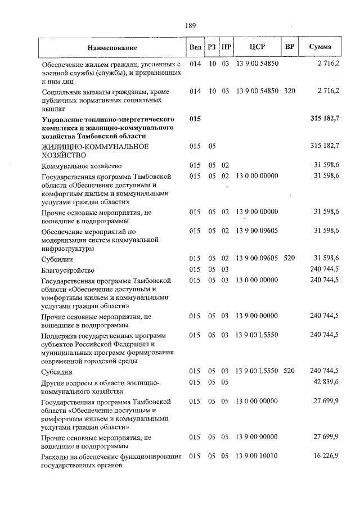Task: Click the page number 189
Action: point(190,24)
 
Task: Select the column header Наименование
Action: point(112,48)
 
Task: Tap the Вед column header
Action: point(195,47)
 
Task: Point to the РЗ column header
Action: point(212,47)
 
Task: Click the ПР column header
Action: point(226,47)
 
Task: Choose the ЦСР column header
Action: point(257,47)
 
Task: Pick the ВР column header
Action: point(289,47)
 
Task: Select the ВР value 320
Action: point(289,91)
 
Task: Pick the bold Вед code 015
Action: point(195,119)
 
